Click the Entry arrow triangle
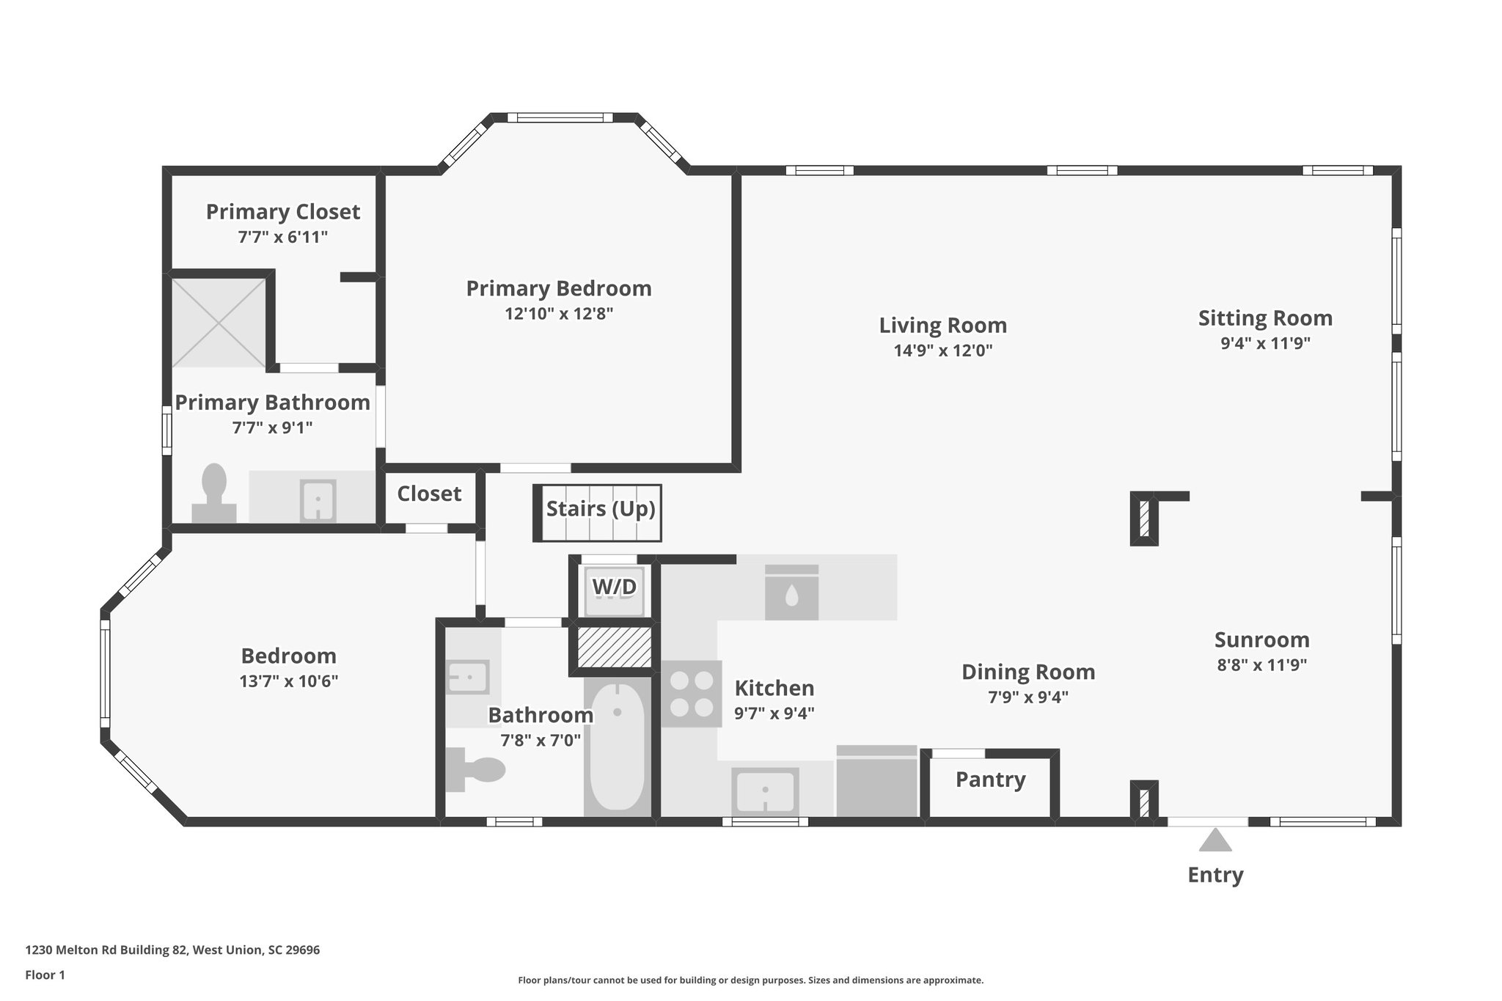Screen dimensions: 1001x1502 click(1215, 840)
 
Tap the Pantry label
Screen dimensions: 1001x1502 click(990, 780)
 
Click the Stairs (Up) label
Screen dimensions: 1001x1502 click(600, 509)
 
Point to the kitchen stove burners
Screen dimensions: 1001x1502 click(691, 694)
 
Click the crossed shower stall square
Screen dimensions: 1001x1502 click(219, 322)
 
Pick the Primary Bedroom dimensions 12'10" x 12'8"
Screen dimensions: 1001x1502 click(559, 314)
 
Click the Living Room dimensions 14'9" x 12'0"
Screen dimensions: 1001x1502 click(942, 351)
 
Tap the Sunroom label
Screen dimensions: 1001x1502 click(1261, 640)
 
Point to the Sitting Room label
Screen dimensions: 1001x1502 click(1265, 318)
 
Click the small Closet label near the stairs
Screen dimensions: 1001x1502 click(429, 494)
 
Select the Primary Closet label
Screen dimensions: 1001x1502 click(282, 212)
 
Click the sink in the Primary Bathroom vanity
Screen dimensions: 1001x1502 click(318, 501)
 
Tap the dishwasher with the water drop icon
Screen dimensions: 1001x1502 click(791, 593)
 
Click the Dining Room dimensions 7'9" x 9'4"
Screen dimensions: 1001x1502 click(1027, 697)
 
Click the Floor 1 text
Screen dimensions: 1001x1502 click(45, 975)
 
